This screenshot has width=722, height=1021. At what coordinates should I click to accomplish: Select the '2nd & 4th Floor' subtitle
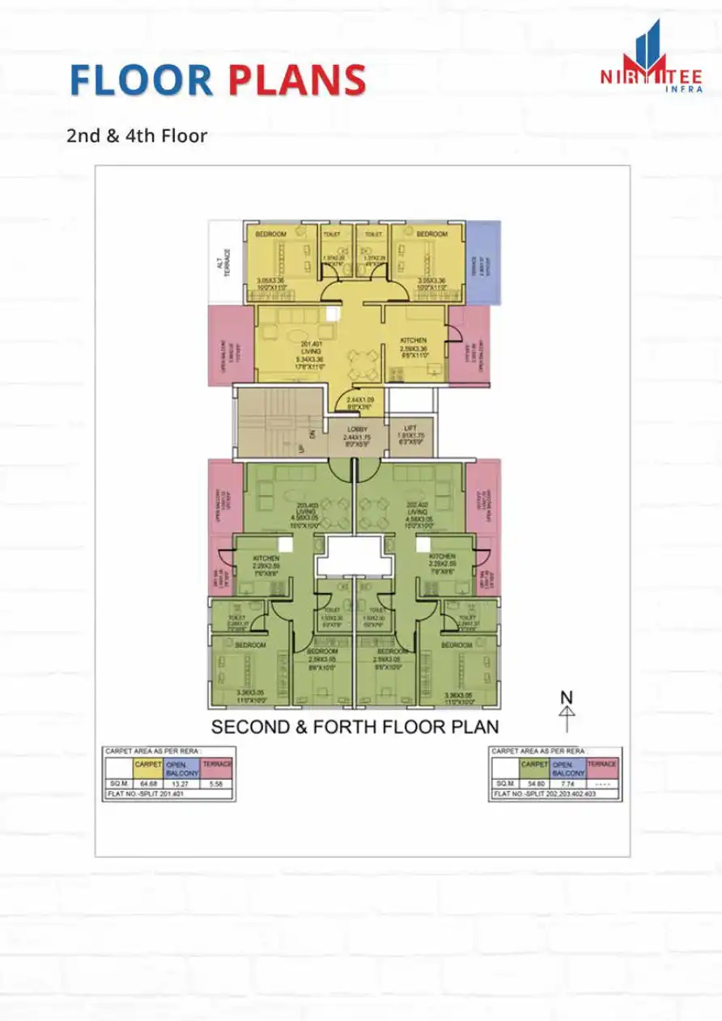137,135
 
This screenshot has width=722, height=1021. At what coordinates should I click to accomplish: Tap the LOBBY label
357,429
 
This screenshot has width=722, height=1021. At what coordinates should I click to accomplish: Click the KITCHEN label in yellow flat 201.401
414,341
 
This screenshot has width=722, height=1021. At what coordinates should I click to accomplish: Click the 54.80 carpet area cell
533,784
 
